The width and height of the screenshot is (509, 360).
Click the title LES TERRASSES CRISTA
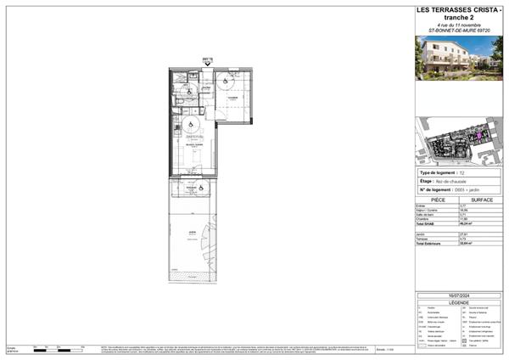click(x=458, y=9)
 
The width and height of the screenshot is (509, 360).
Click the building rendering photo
click(x=458, y=57)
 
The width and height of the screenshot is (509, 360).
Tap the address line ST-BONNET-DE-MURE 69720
click(x=458, y=30)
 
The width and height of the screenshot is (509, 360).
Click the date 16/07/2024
click(x=458, y=295)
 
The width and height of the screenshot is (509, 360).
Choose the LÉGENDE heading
click(x=458, y=301)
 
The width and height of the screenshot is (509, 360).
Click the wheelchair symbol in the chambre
click(x=227, y=82)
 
